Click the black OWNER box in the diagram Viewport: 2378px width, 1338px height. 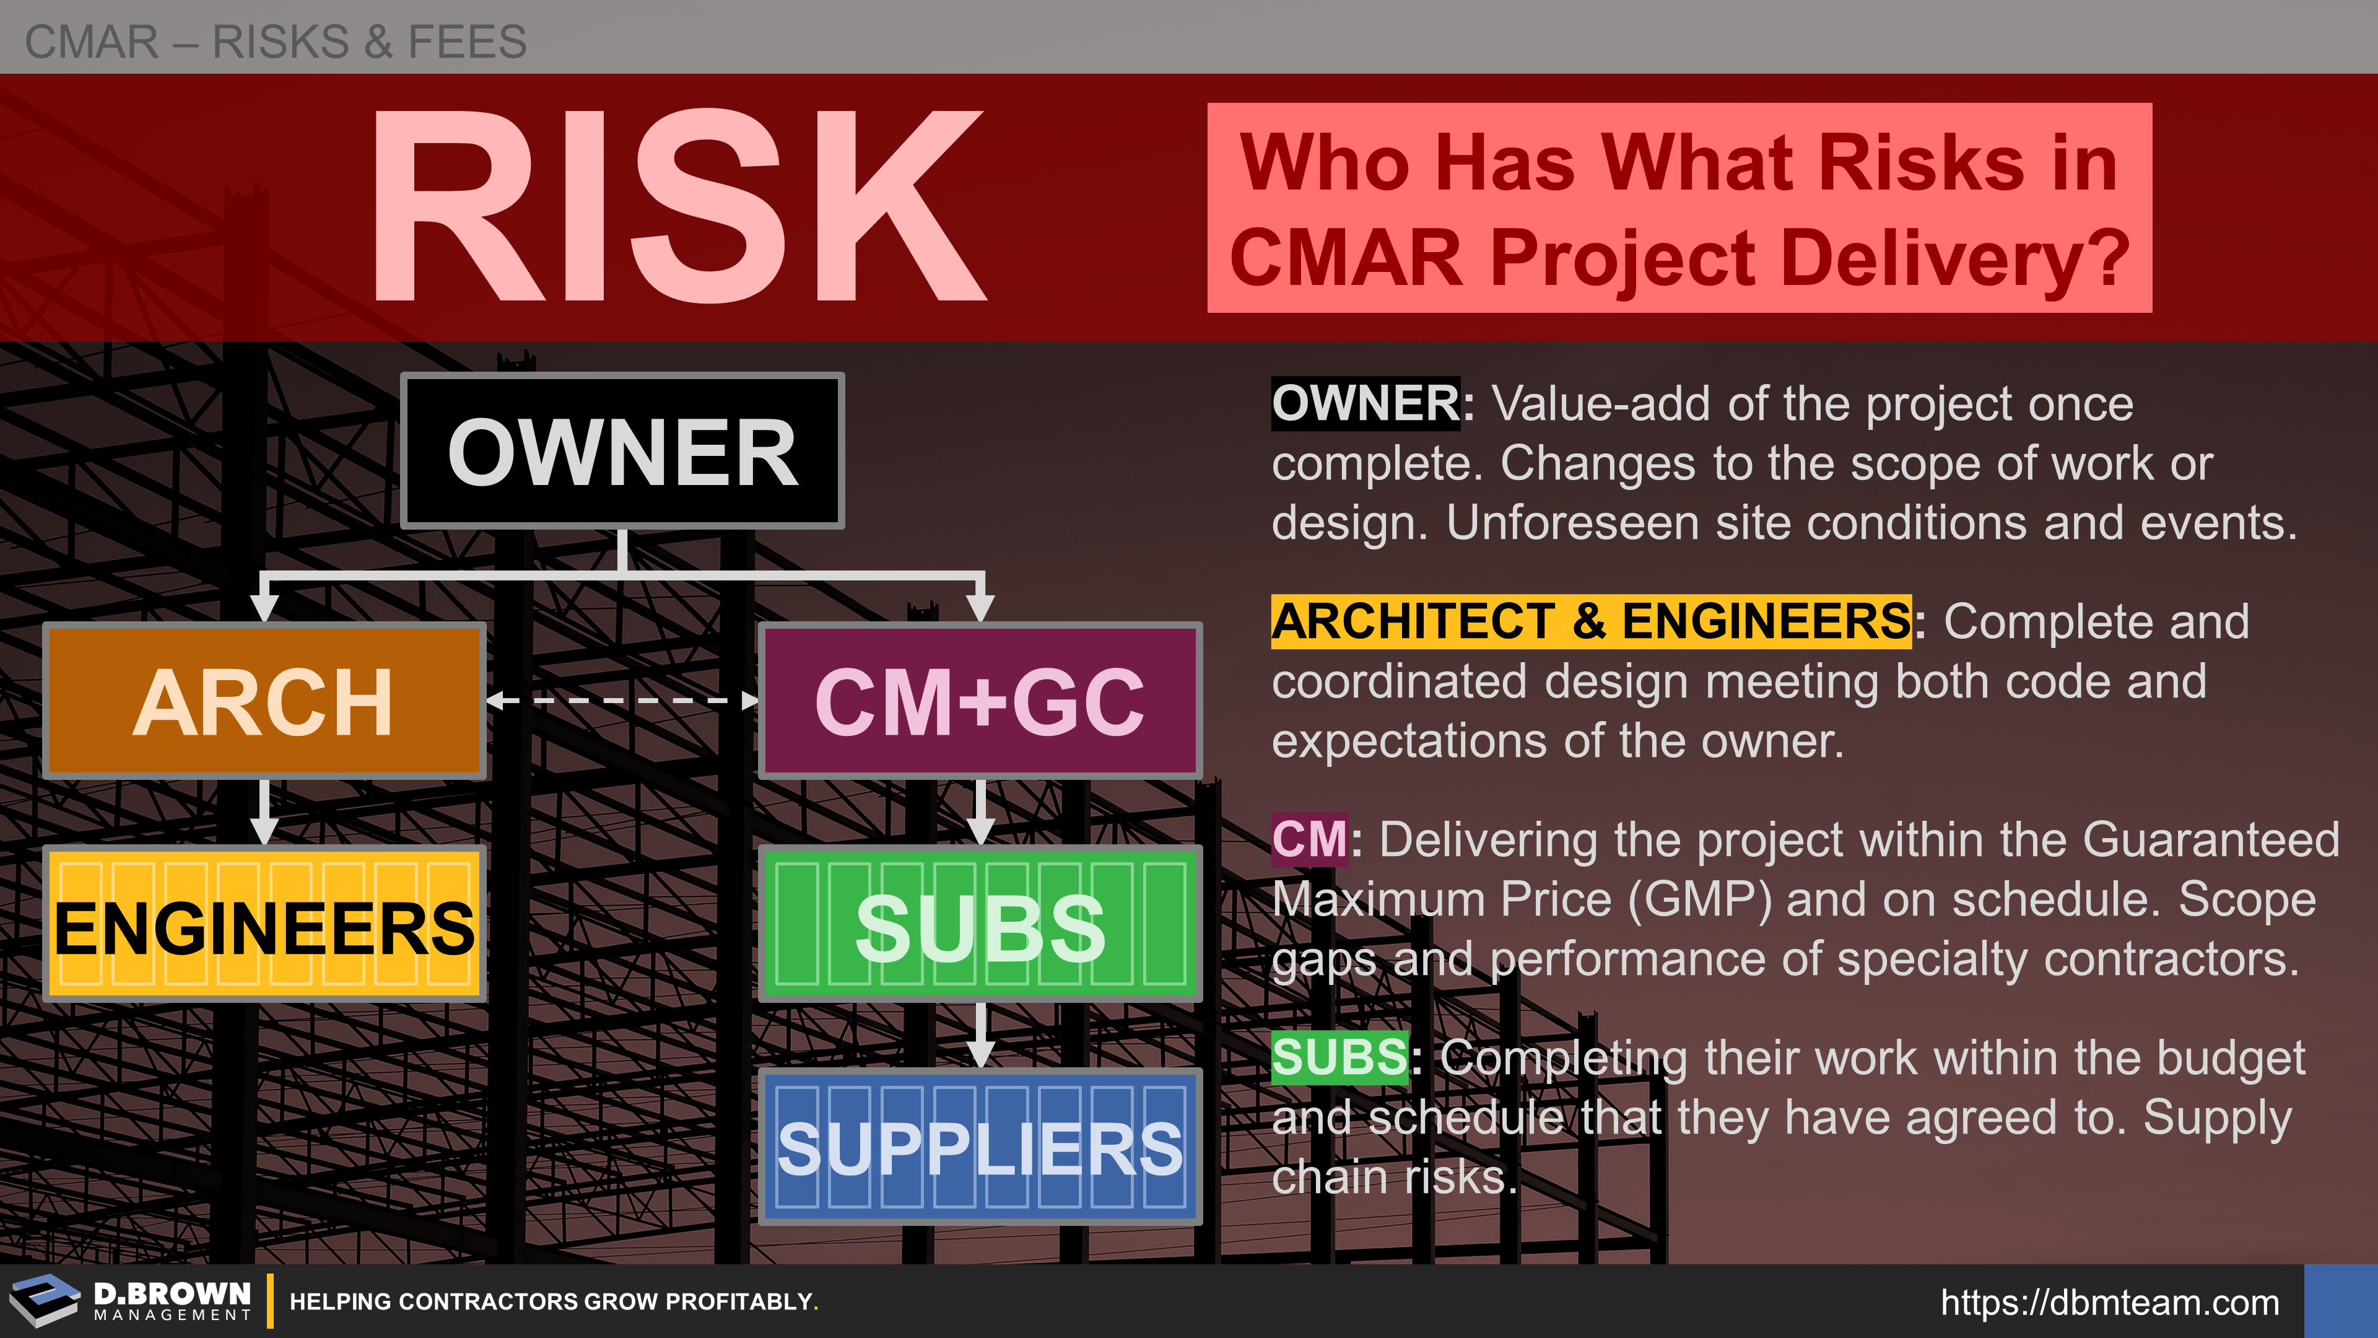(623, 450)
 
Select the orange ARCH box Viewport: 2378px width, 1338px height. (265, 701)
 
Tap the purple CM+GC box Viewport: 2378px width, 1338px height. (980, 701)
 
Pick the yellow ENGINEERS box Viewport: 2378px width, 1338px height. (265, 924)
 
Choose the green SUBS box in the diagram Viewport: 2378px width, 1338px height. (980, 924)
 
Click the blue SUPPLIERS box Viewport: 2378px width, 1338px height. (980, 1147)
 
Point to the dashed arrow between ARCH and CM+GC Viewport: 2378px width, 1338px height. (623, 701)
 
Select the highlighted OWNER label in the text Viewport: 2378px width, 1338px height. (1366, 403)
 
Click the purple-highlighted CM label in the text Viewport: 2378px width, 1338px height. (1310, 839)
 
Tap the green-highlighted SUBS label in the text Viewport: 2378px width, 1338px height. (1340, 1057)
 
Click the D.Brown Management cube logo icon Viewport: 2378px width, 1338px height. (45, 1300)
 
